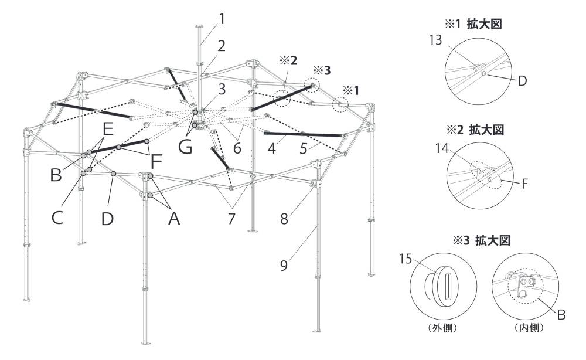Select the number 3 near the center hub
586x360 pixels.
222,89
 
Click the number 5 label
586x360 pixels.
304,149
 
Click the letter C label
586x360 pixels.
57,218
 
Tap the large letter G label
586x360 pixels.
185,147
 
